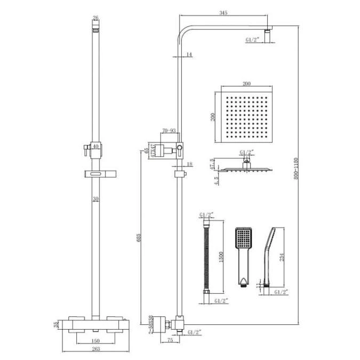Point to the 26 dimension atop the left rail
pyautogui.click(x=95, y=18)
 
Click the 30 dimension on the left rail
pyautogui.click(x=96, y=199)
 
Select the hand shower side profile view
pyautogui.click(x=268, y=256)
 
